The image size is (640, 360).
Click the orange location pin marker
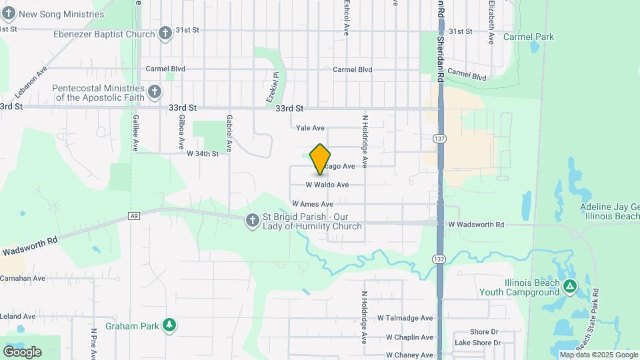coord(321,159)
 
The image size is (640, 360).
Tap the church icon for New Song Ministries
coord(9,13)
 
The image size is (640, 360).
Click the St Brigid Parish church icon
coord(252,221)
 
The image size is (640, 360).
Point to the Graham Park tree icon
coord(171,325)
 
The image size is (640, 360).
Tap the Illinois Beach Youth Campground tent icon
coord(569,287)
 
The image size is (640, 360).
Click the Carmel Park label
coord(529,37)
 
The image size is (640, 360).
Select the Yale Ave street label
coord(310,128)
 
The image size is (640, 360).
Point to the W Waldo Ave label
coord(327,185)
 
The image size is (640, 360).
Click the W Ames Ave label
coord(312,204)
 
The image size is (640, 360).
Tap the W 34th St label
coord(203,153)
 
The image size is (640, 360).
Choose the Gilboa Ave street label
coord(181,132)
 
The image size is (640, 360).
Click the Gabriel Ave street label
coord(229,133)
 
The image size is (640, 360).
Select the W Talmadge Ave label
coord(405,319)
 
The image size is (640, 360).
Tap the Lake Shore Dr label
coord(477,343)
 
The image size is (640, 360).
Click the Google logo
coord(22,351)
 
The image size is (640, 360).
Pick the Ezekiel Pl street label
coord(272,88)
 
